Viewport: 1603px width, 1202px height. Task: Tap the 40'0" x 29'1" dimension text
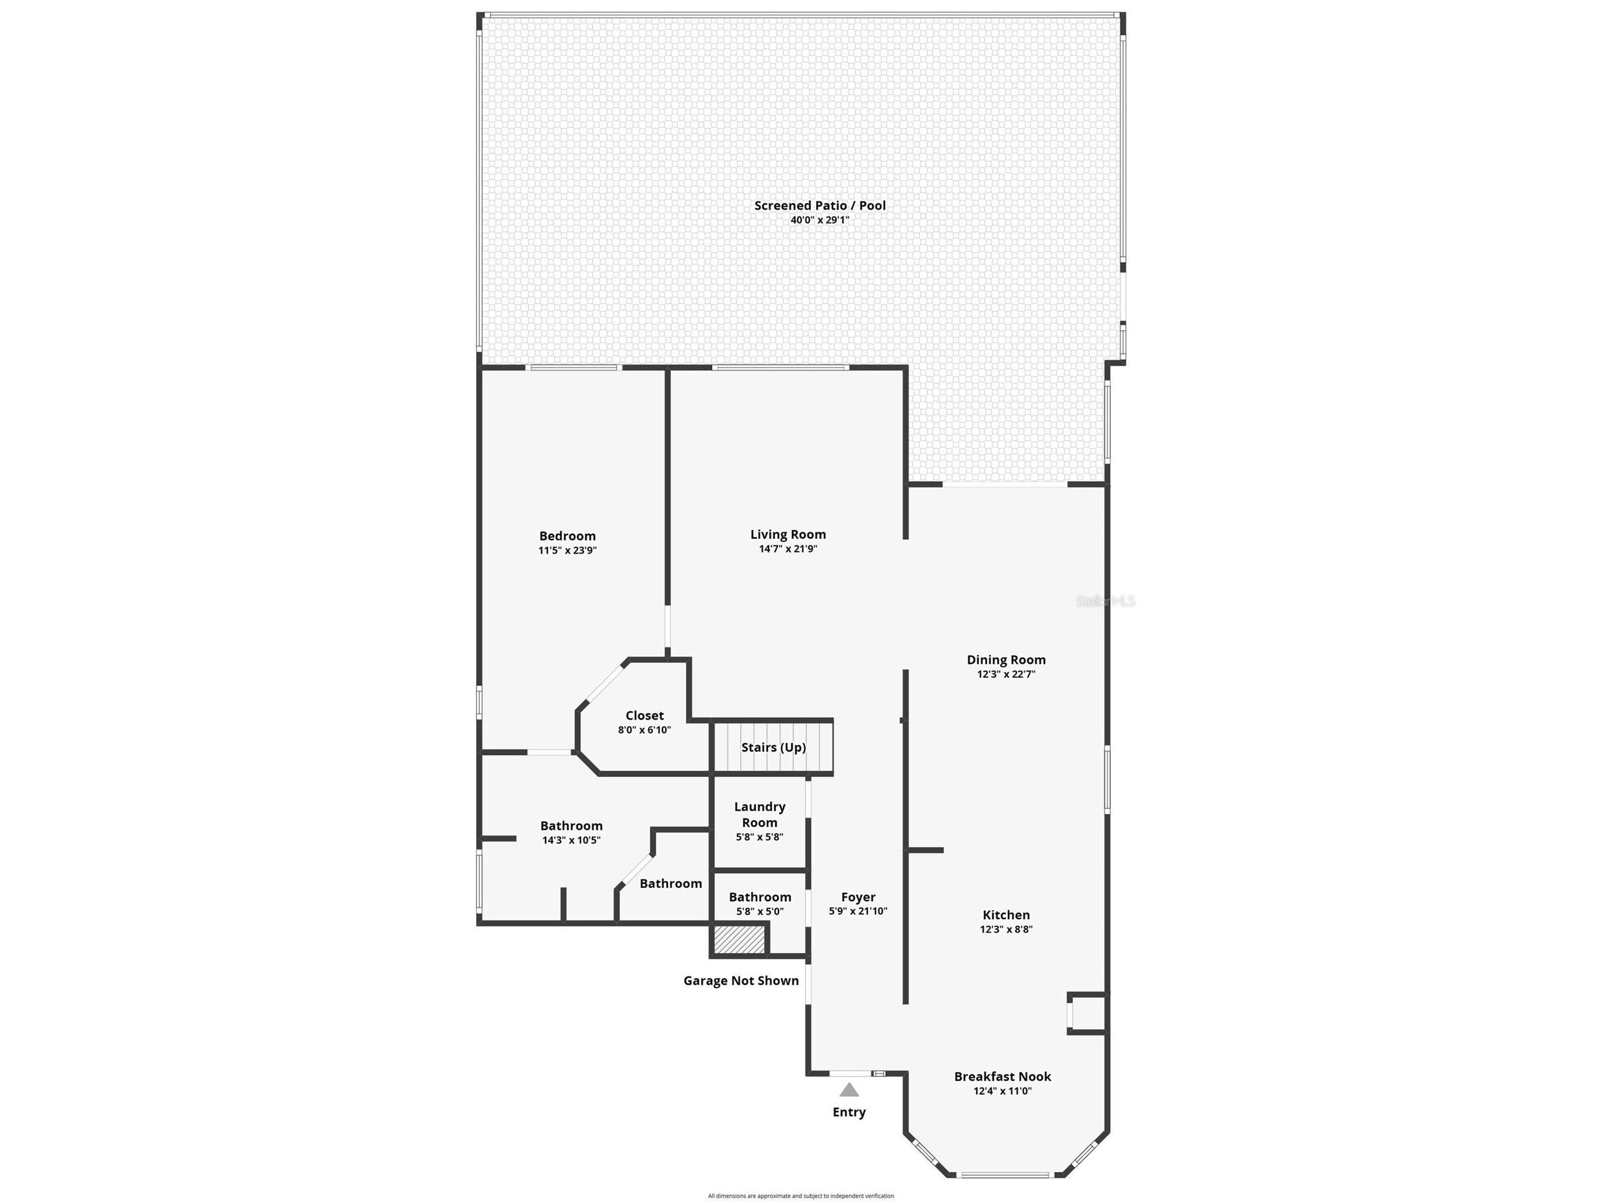tap(819, 220)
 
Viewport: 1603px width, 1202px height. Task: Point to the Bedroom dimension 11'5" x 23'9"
tap(568, 551)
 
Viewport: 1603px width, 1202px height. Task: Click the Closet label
tap(644, 716)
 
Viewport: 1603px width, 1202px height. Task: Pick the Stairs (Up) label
tap(773, 748)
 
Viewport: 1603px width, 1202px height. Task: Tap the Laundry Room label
tap(760, 815)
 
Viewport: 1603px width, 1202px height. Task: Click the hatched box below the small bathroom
tap(739, 940)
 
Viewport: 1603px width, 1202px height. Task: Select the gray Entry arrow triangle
tap(849, 1090)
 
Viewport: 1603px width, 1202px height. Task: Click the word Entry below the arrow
tap(849, 1112)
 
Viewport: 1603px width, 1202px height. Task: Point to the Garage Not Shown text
tap(741, 981)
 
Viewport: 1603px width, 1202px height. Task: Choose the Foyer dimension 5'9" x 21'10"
tap(858, 911)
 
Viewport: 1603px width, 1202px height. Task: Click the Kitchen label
tap(1006, 915)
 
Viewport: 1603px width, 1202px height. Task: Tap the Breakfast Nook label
tap(1002, 1077)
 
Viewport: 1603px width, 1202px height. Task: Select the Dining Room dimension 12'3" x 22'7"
tap(1006, 675)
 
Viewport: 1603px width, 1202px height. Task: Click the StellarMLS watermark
tap(1105, 601)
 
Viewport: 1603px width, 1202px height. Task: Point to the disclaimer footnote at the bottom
tap(801, 1196)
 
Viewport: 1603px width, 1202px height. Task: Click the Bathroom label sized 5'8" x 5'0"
tap(760, 898)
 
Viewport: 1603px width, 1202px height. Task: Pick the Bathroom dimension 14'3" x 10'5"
tap(571, 841)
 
